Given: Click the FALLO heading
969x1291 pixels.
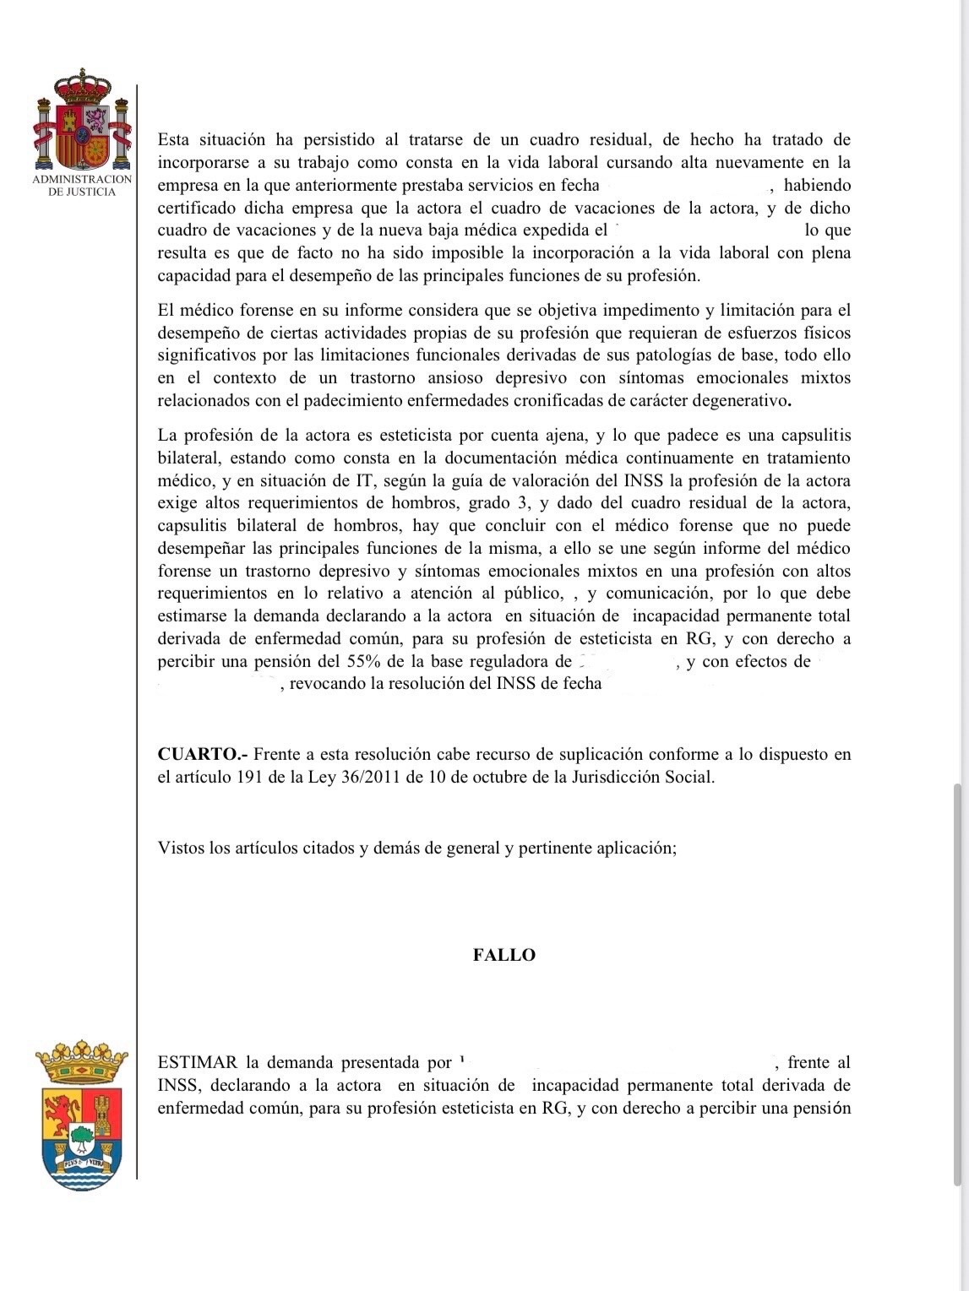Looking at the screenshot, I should tap(504, 955).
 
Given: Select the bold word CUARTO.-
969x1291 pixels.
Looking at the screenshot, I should tap(201, 754).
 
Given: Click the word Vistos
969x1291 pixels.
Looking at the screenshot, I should tap(181, 847).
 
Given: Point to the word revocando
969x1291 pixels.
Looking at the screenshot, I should tap(325, 683).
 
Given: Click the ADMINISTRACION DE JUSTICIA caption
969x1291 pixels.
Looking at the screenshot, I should tap(82, 185).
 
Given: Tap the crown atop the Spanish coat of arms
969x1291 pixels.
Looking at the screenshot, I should tap(82, 85).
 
